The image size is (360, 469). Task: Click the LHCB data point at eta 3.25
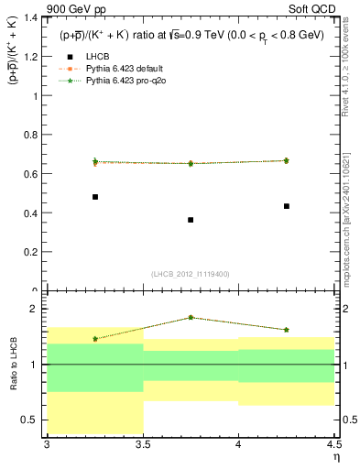pyautogui.click(x=95, y=197)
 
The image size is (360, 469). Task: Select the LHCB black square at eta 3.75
pyautogui.click(x=191, y=220)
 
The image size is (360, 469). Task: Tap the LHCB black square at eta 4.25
pyautogui.click(x=287, y=206)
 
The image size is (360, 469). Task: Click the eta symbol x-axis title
pyautogui.click(x=336, y=456)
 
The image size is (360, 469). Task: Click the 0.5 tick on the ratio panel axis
pyautogui.click(x=33, y=420)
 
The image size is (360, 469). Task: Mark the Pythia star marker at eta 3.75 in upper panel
pyautogui.click(x=191, y=163)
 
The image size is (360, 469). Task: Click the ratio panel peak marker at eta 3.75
pyautogui.click(x=191, y=318)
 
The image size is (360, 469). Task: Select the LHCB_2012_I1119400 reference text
pyautogui.click(x=190, y=274)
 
